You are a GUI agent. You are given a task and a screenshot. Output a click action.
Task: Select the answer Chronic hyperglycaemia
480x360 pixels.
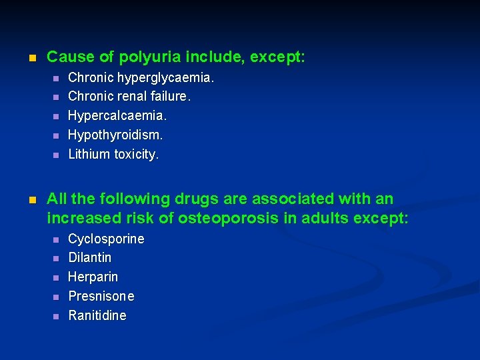pos(141,78)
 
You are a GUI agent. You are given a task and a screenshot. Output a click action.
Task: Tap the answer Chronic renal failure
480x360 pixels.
pos(129,97)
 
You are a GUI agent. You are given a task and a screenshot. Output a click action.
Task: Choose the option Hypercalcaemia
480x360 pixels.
pos(117,116)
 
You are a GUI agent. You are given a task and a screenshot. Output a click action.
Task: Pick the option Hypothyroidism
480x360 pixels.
pos(115,135)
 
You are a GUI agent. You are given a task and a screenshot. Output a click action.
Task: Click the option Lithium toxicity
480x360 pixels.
pos(113,154)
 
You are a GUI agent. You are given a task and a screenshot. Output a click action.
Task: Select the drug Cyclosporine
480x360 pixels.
pos(106,239)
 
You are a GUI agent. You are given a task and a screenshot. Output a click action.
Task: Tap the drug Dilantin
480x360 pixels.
pos(90,257)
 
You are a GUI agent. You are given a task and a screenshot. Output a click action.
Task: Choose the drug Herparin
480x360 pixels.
pos(93,277)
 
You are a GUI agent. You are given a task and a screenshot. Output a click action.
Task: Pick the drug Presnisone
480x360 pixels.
pos(101,296)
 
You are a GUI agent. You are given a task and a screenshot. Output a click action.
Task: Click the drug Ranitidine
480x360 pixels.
pos(97,315)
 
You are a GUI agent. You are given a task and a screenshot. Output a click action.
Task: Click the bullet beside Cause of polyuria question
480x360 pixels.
pos(31,58)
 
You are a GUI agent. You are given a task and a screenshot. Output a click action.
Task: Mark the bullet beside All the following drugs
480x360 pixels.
pos(31,199)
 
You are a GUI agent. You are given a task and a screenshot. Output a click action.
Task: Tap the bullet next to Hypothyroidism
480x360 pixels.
pos(56,135)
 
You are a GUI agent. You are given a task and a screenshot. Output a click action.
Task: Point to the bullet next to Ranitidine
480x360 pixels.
pos(56,316)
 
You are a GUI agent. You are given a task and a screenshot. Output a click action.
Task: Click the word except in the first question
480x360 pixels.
pos(281,58)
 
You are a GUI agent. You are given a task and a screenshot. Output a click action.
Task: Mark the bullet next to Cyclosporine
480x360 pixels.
pos(56,239)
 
